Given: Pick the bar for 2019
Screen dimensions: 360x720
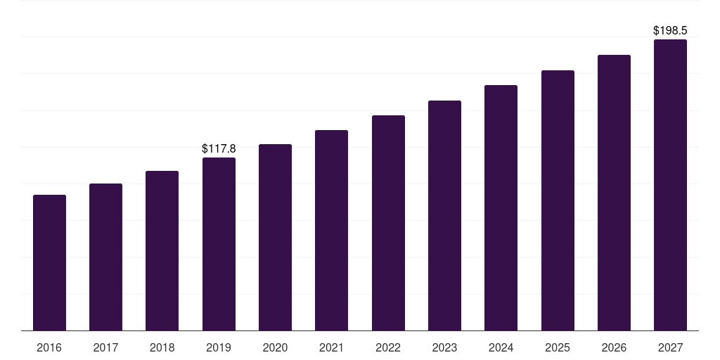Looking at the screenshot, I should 219,244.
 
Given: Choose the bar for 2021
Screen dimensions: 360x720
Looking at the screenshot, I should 331,230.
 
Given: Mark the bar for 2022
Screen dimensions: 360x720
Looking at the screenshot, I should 388,223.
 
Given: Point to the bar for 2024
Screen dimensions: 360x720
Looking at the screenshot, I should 501,207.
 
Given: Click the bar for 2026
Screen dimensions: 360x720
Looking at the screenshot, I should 614,193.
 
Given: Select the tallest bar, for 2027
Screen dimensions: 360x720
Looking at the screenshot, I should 670,185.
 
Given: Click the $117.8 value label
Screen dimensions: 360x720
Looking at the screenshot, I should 219,148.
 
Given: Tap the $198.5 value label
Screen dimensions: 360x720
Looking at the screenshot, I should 670,31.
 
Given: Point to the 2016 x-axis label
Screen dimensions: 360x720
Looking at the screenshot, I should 49,347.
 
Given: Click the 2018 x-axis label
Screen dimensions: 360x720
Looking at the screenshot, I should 162,347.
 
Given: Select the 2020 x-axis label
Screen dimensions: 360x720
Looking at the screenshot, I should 275,347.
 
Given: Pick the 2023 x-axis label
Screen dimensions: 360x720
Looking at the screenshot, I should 444,347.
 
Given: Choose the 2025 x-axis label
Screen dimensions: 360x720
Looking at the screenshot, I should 558,347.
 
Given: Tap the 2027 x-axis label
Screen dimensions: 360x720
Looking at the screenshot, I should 670,347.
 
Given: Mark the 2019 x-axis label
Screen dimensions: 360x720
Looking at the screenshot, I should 219,347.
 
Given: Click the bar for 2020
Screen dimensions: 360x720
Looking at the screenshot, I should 275,237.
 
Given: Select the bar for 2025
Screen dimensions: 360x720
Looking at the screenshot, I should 558,200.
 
